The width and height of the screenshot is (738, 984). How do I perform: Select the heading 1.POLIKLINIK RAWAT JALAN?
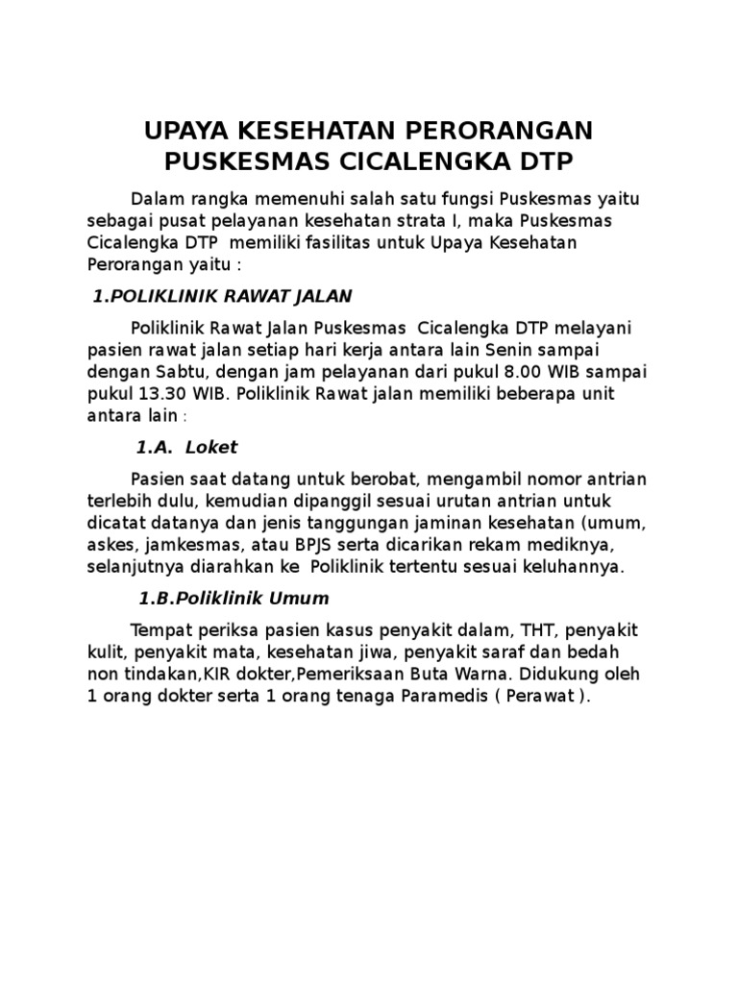pyautogui.click(x=222, y=295)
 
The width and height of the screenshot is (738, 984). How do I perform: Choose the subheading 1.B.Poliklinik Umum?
pyautogui.click(x=234, y=598)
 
